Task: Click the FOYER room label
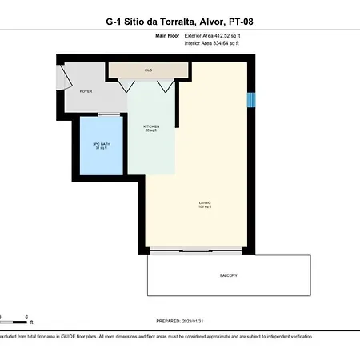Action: (x=86, y=91)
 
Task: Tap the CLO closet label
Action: (x=148, y=70)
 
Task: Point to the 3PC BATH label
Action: (x=101, y=146)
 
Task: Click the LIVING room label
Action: (x=205, y=203)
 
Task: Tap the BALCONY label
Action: (x=229, y=276)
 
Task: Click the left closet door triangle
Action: (x=134, y=85)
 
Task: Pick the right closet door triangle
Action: (x=165, y=85)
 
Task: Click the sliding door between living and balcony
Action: (x=200, y=251)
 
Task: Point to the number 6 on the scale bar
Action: (x=27, y=317)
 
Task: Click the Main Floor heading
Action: (x=166, y=36)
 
